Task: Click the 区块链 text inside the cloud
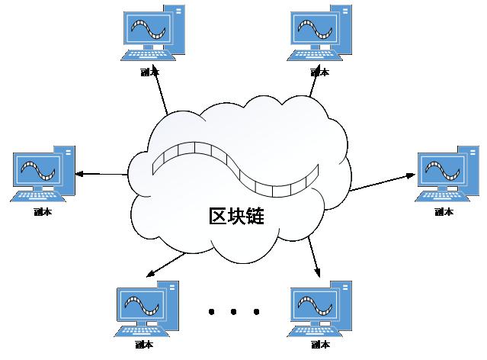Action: [x=236, y=215]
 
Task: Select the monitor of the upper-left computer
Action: [x=146, y=30]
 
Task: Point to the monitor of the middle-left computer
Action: [x=35, y=171]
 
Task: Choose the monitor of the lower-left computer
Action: [x=139, y=305]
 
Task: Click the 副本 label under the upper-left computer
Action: [x=150, y=72]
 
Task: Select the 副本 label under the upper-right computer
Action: [x=320, y=72]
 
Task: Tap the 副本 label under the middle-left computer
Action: [x=43, y=213]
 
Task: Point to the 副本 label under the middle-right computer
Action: [x=444, y=211]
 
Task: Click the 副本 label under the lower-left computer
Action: [x=143, y=346]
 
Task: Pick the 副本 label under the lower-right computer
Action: [x=320, y=346]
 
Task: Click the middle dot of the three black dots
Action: [x=234, y=311]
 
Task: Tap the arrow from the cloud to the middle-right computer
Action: [x=381, y=182]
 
